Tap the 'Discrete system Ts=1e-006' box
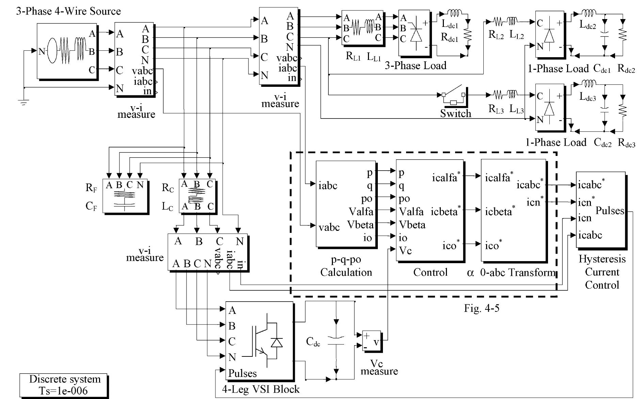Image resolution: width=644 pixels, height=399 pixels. pos(64,385)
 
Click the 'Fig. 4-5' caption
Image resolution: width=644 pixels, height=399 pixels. pos(482,308)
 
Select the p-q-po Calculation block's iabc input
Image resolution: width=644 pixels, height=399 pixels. pos(328,186)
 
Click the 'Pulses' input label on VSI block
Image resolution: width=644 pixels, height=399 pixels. pos(242,373)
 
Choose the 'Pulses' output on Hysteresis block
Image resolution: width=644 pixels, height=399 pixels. pos(610,211)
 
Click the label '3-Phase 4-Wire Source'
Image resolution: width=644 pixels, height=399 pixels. pos(68,11)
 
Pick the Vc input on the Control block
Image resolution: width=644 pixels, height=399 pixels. pos(405,251)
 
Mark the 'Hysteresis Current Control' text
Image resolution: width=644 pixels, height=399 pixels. pos(602,272)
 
